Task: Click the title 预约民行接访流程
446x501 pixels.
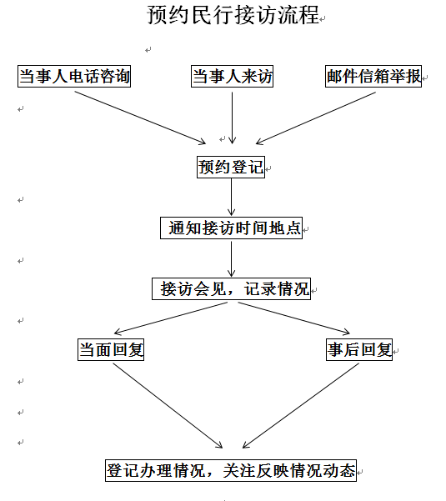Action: tap(233, 15)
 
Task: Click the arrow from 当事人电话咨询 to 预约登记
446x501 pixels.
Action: tap(140, 118)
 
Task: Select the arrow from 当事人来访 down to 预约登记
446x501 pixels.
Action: tap(233, 118)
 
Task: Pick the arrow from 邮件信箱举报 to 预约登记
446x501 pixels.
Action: tap(316, 118)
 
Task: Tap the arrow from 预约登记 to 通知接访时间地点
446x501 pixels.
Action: tap(231, 197)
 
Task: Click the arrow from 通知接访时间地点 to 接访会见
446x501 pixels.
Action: tap(231, 258)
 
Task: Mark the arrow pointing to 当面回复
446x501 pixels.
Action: tap(171, 318)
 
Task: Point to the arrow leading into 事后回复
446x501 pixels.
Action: tap(294, 318)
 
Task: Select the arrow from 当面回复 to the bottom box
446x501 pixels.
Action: tap(168, 406)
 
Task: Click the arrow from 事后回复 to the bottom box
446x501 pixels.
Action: tap(301, 406)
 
